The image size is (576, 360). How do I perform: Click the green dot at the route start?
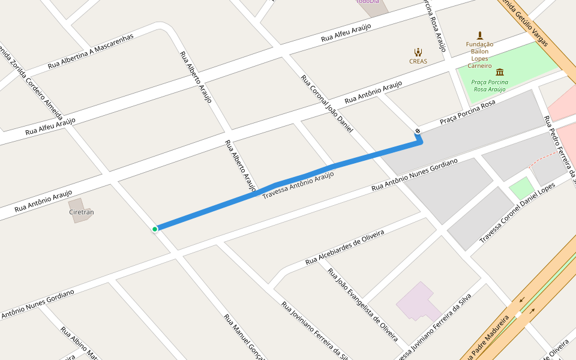point(155,229)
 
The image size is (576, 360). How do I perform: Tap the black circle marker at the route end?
point(417,131)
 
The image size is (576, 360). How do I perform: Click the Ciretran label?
point(82,212)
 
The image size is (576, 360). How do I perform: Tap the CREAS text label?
point(418,61)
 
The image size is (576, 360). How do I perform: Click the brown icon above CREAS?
point(418,52)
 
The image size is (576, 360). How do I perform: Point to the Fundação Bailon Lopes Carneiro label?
point(479,55)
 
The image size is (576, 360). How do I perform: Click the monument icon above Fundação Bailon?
point(479,35)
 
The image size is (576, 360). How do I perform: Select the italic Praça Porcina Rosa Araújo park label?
point(491,85)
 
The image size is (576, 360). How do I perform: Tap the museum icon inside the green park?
point(500,72)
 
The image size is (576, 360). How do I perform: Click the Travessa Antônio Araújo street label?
point(298,185)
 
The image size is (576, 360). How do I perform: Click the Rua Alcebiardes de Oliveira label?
point(344,247)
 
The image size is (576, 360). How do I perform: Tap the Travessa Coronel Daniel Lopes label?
point(517,214)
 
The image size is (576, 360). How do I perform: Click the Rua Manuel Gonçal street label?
point(244,337)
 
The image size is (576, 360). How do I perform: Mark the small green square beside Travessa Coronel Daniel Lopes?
point(521,188)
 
